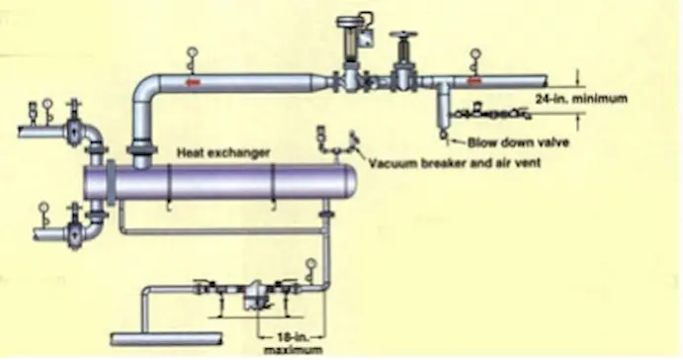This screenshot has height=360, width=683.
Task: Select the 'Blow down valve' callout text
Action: (511, 141)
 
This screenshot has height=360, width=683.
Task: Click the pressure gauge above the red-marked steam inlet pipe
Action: (190, 56)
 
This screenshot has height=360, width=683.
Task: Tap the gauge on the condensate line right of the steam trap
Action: (311, 265)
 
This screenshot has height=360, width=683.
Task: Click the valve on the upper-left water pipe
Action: (72, 129)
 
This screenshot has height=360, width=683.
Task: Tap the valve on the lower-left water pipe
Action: (72, 235)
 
